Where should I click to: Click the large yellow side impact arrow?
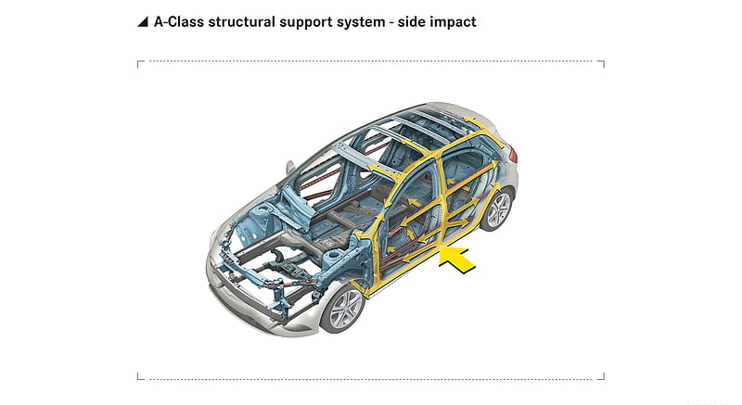(455, 259)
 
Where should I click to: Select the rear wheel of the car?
(498, 209)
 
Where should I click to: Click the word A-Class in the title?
(179, 22)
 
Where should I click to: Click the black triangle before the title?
(144, 22)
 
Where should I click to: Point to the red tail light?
(512, 155)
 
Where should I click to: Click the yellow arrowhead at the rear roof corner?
(469, 120)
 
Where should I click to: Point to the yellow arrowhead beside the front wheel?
(364, 292)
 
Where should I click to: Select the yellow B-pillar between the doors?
(441, 198)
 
